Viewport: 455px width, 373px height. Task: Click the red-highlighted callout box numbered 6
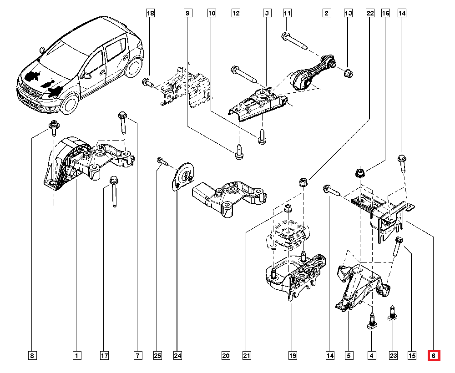point(434,355)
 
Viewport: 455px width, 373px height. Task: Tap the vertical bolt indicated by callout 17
point(113,192)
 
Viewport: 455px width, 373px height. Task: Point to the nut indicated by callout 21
point(287,209)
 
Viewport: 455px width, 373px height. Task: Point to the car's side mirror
point(85,74)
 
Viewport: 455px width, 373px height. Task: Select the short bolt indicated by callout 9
point(238,151)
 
